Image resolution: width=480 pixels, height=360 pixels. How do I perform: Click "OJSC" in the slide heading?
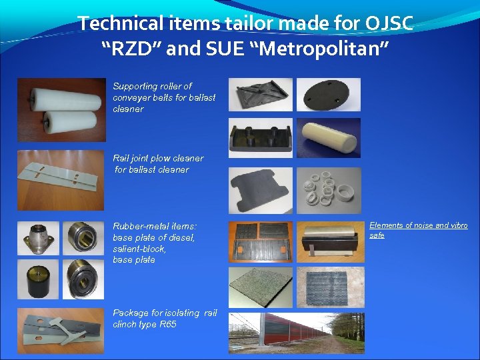point(389,23)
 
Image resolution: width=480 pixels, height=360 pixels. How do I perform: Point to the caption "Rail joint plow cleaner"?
point(158,159)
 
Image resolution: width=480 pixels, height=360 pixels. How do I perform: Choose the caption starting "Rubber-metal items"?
point(155,227)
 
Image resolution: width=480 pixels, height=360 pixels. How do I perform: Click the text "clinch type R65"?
point(145,325)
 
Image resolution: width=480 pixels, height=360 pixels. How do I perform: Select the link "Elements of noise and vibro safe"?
point(419,230)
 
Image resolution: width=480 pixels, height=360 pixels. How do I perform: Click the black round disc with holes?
point(328,95)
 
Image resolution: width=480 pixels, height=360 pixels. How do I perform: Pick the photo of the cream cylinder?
point(328,137)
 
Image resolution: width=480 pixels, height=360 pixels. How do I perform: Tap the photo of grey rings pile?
point(328,190)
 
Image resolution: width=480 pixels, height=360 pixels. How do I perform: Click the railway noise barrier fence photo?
point(280,333)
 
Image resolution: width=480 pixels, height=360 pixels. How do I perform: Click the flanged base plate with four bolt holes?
point(38,239)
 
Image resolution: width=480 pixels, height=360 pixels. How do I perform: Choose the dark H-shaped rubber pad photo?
point(260,190)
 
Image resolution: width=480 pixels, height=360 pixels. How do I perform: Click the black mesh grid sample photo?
point(331,287)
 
